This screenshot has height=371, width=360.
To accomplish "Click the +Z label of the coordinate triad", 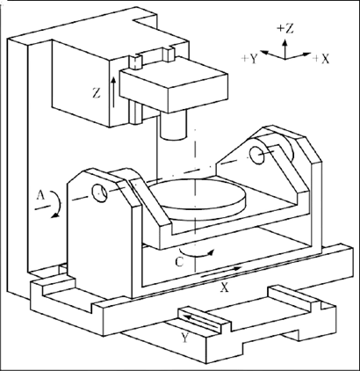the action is tap(284, 29).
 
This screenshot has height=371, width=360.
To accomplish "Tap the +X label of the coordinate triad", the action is tap(320, 59).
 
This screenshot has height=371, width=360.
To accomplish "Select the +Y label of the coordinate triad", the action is tap(249, 60).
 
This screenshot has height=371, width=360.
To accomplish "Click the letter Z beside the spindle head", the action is tap(97, 94).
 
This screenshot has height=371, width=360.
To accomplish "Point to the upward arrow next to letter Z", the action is tap(113, 92).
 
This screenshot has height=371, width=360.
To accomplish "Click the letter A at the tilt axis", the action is tap(40, 195).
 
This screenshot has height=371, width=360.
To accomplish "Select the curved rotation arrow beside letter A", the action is tap(57, 205).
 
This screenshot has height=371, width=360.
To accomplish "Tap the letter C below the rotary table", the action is tap(180, 262).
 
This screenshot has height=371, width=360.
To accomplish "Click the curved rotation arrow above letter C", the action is tap(198, 254).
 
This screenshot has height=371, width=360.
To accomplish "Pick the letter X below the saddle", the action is tap(224, 288).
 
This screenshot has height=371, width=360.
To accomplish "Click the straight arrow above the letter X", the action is tap(221, 273).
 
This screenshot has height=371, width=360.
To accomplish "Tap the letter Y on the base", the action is tap(185, 338).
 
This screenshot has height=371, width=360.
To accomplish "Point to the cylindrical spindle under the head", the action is tap(173, 125).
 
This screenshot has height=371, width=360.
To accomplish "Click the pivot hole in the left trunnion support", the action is tap(99, 193).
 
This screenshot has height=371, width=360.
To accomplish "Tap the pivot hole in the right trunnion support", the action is tap(257, 155).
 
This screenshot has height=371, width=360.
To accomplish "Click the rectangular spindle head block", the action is tap(174, 85).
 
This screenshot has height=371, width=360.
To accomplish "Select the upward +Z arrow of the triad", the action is tap(284, 47).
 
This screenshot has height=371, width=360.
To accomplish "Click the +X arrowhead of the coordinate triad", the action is tap(306, 55).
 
